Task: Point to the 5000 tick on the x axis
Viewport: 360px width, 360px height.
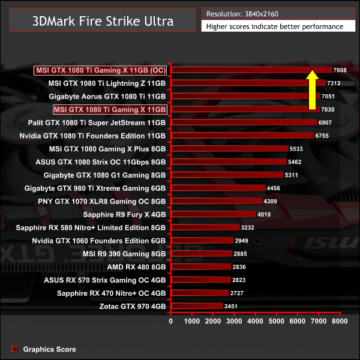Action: pos(277,322)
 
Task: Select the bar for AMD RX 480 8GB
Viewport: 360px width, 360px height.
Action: pos(201,266)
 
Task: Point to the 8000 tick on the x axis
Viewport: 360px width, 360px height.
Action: pos(340,322)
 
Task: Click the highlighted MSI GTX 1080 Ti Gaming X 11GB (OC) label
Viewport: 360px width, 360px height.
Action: pos(101,70)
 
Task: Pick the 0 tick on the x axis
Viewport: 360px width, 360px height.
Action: pos(172,322)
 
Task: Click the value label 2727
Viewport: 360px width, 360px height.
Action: pos(237,293)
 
